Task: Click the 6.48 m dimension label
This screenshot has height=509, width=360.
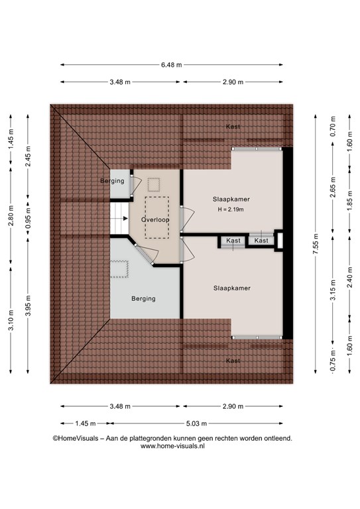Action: click(x=172, y=65)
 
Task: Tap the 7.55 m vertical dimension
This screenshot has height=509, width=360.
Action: click(x=316, y=244)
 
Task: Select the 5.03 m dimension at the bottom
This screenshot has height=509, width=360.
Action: click(x=196, y=424)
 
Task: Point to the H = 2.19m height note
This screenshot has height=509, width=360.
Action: click(x=231, y=209)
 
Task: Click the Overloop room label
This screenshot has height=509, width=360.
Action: click(x=155, y=220)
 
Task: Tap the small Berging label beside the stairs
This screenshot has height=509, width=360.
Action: click(x=112, y=181)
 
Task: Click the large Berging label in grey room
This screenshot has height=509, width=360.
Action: click(x=143, y=299)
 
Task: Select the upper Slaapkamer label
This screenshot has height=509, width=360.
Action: click(x=231, y=199)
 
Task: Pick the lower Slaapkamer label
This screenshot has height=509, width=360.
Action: click(x=232, y=288)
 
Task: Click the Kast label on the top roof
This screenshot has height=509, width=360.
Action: click(x=233, y=127)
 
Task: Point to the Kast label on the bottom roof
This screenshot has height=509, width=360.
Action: click(x=233, y=361)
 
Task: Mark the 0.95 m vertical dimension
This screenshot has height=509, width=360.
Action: click(x=28, y=217)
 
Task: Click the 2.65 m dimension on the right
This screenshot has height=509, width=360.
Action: click(x=333, y=188)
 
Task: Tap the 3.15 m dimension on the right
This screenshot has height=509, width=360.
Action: click(x=333, y=290)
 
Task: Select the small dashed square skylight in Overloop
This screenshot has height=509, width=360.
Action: click(x=154, y=184)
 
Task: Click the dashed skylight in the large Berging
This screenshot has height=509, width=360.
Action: click(x=119, y=269)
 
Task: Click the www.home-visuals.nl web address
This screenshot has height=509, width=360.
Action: click(x=172, y=446)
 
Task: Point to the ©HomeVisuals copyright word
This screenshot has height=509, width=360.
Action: click(x=76, y=438)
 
